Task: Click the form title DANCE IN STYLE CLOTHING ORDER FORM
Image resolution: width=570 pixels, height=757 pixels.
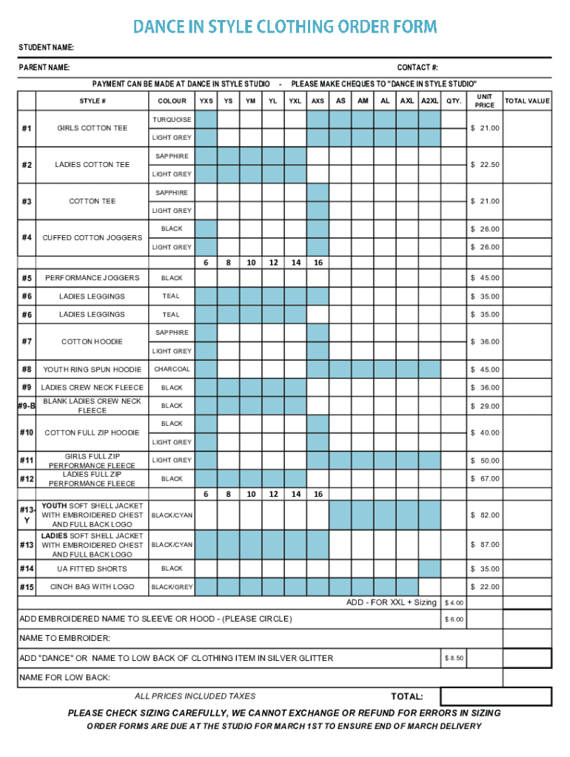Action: point(285,27)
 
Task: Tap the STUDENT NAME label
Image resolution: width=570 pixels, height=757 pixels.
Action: point(46,48)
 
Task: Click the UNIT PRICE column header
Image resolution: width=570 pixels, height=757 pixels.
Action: point(484,101)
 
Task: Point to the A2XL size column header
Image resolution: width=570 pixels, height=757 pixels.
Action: point(429,101)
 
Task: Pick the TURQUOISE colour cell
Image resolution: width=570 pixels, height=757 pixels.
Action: point(172,120)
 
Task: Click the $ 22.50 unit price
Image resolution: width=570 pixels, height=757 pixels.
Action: point(485,165)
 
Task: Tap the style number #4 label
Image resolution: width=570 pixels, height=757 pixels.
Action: point(27,237)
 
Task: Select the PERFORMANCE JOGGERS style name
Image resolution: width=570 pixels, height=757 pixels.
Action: point(92,278)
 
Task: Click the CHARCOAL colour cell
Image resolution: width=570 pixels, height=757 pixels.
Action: point(172,369)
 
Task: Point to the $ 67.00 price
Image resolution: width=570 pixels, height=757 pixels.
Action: point(485,478)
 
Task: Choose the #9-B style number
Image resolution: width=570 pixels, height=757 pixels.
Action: point(27,406)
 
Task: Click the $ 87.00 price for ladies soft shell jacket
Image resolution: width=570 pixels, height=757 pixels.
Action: point(485,545)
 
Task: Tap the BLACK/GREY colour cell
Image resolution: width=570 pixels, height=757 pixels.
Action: point(172,587)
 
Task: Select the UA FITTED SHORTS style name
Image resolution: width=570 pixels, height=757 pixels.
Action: point(92,569)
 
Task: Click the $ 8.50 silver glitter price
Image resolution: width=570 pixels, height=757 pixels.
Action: point(454,658)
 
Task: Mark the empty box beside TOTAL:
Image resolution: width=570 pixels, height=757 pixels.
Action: point(496,696)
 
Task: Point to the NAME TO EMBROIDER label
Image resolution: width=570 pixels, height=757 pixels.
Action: point(64,638)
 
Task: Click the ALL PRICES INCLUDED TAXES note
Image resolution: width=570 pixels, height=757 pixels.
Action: point(195,696)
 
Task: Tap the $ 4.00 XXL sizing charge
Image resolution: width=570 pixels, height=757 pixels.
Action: point(454,602)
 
